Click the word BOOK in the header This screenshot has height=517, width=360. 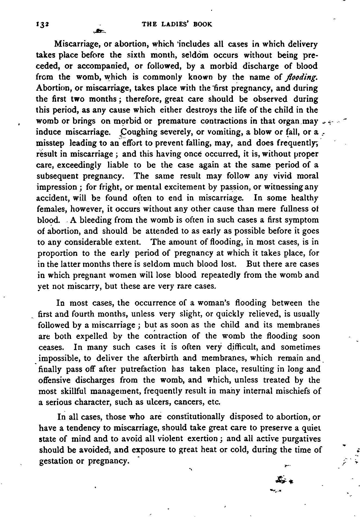point(203,24)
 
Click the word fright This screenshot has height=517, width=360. point(98,187)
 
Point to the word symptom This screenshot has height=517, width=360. point(303,220)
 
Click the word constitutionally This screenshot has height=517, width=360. point(196,417)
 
